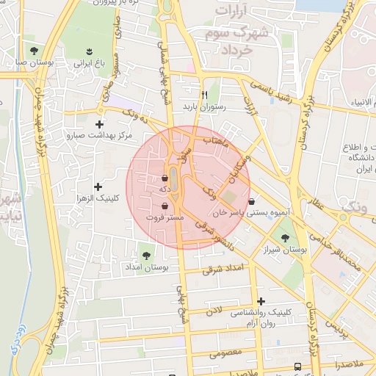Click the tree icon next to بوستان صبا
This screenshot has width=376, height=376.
click(34, 51)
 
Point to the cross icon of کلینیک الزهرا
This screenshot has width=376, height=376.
click(98, 187)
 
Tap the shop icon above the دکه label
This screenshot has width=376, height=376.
click(164, 178)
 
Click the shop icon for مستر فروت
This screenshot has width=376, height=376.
click(164, 206)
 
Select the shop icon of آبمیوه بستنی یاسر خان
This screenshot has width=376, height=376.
click(252, 200)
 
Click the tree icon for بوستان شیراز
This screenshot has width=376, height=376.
click(285, 238)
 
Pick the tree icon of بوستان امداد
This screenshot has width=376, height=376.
click(146, 255)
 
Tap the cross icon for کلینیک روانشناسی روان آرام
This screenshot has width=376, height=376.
click(261, 300)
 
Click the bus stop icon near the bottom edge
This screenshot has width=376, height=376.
click(297, 366)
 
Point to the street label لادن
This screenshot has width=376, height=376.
click(214, 311)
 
